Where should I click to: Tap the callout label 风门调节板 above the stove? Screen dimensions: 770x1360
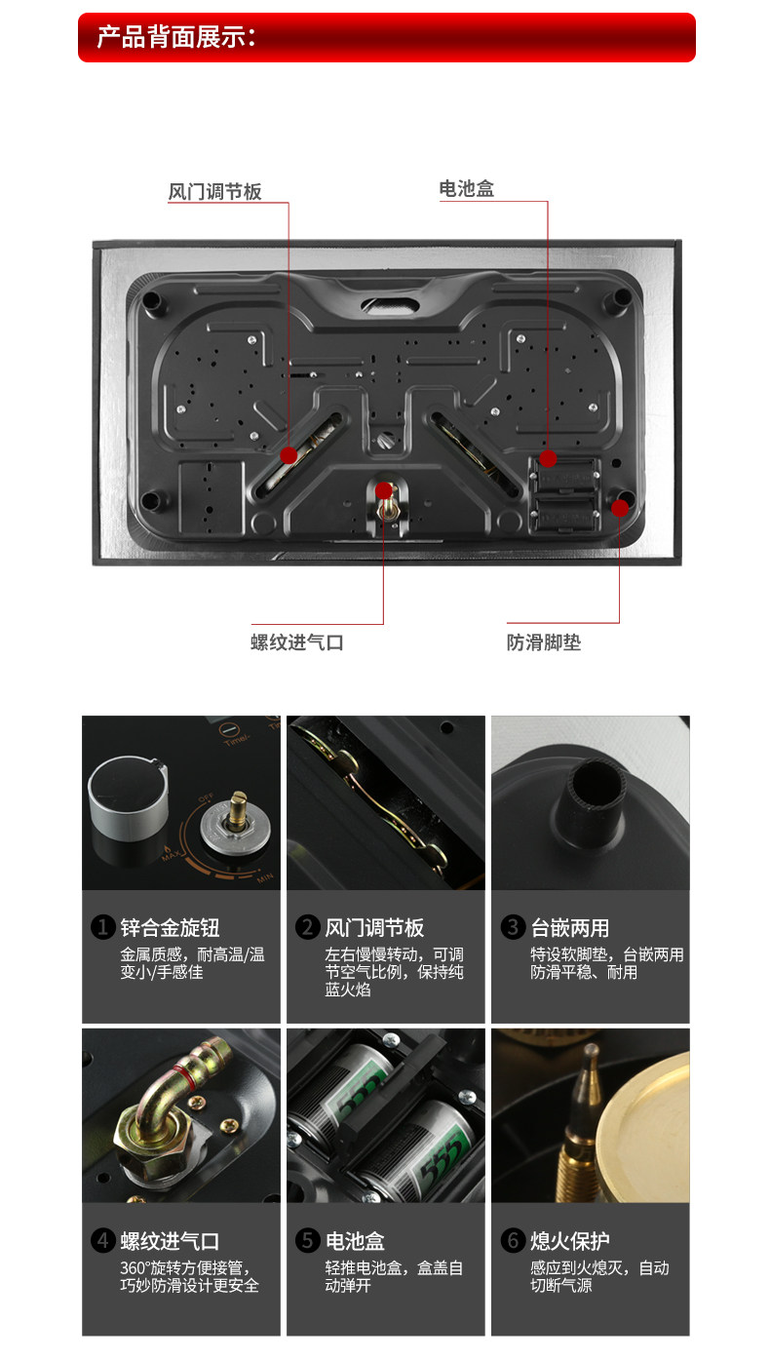[214, 192]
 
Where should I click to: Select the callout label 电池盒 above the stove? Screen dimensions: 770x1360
[467, 189]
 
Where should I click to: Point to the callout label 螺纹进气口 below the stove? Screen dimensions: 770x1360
[297, 642]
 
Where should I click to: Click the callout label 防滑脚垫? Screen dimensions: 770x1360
[544, 642]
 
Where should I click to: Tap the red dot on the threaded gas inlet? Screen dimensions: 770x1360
[383, 490]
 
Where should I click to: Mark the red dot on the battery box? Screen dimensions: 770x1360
[548, 458]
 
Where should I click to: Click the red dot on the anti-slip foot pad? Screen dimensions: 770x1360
[620, 508]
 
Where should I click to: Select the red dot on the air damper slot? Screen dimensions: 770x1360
[289, 455]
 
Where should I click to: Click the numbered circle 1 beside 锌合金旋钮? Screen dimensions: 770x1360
[103, 927]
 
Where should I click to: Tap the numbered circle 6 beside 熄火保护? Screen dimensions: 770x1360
[514, 1240]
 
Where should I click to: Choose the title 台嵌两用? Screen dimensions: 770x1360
[570, 928]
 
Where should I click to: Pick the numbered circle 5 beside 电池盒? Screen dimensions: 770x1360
[308, 1240]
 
